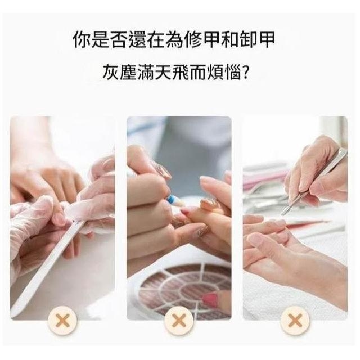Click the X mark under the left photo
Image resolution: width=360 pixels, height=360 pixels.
tap(62, 321)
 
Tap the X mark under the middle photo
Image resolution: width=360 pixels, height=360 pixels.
tap(179, 321)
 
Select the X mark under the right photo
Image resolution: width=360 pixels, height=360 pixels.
tap(295, 321)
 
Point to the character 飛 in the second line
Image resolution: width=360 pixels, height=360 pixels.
tap(180, 72)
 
